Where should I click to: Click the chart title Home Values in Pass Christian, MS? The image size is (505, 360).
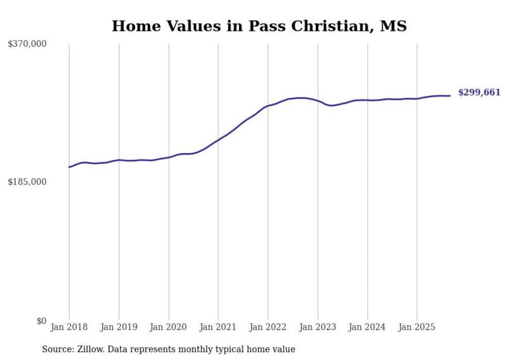(259, 26)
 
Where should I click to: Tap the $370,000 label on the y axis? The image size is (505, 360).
(27, 44)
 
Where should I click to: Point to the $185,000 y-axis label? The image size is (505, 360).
(27, 182)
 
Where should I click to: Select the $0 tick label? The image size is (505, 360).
(41, 321)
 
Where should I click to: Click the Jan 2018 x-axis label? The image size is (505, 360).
(69, 327)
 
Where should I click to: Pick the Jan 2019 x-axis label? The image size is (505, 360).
(119, 327)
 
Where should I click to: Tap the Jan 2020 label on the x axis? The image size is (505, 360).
(169, 327)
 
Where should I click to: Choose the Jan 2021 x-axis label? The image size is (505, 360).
(218, 327)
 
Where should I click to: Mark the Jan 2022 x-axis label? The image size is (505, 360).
(268, 327)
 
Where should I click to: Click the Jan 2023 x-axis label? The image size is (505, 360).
(317, 327)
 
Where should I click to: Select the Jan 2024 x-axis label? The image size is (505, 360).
(367, 327)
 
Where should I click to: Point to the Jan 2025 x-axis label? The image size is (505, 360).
(417, 327)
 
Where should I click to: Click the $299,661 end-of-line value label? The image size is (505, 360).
(479, 93)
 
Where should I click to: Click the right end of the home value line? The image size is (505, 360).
(450, 96)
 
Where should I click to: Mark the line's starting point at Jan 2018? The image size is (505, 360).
(69, 167)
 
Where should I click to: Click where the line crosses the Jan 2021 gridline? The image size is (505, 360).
(218, 140)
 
